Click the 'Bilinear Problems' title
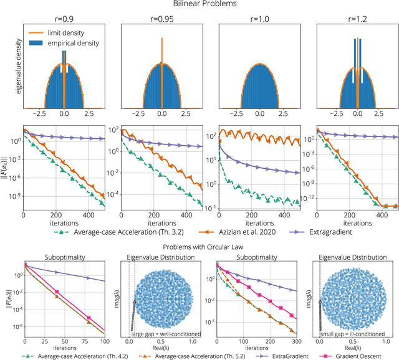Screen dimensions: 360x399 (x=199, y=4)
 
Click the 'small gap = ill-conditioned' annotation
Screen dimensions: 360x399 (x=358, y=334)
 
